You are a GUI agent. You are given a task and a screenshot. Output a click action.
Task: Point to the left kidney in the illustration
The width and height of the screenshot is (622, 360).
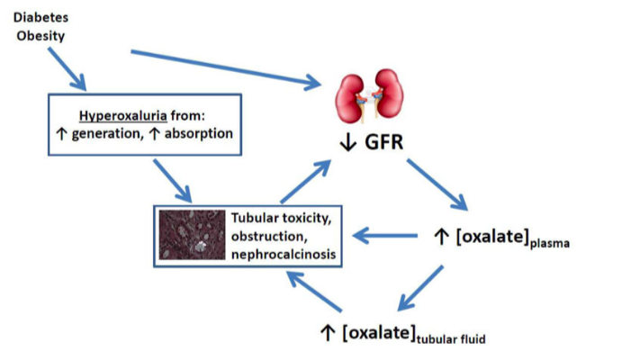point(352,94)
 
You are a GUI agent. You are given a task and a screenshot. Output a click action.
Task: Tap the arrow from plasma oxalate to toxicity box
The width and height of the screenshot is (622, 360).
point(387,237)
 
